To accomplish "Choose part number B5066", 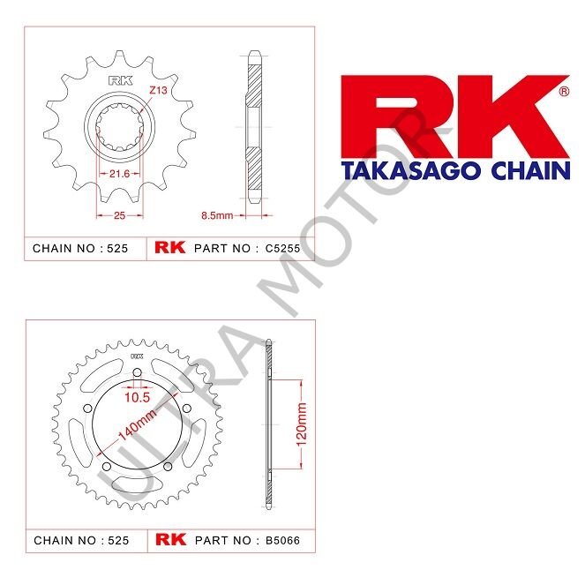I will [283, 538].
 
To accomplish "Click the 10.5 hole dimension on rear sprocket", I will [136, 397].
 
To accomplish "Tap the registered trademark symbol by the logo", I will [564, 91].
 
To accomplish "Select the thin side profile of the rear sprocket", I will [270, 424].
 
